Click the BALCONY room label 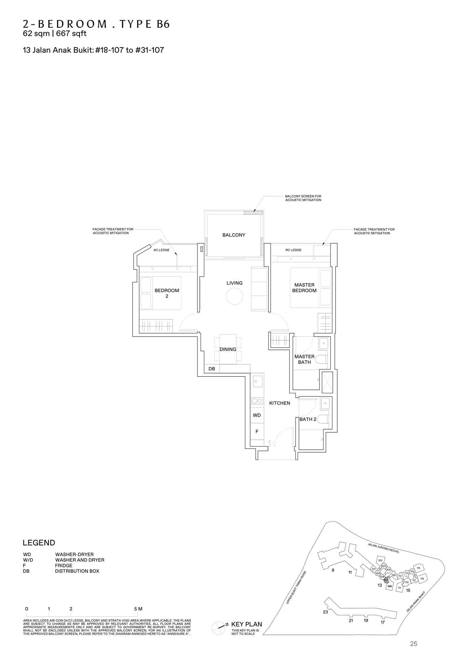tap(234, 235)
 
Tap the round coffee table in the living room tap(234, 296)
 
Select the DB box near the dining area tap(212, 369)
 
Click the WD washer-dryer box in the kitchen tap(257, 415)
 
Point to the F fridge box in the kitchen tap(257, 432)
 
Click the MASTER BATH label tap(304, 359)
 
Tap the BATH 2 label tap(308, 419)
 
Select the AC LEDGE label tap(161, 250)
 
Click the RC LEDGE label tap(293, 250)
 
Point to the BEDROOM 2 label tap(167, 293)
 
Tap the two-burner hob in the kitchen tap(257, 401)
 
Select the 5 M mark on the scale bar tap(138, 609)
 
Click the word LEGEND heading tap(39, 543)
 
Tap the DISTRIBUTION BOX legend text tap(77, 571)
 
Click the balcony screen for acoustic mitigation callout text tap(303, 198)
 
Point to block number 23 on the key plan tap(325, 612)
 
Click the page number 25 tap(413, 644)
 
